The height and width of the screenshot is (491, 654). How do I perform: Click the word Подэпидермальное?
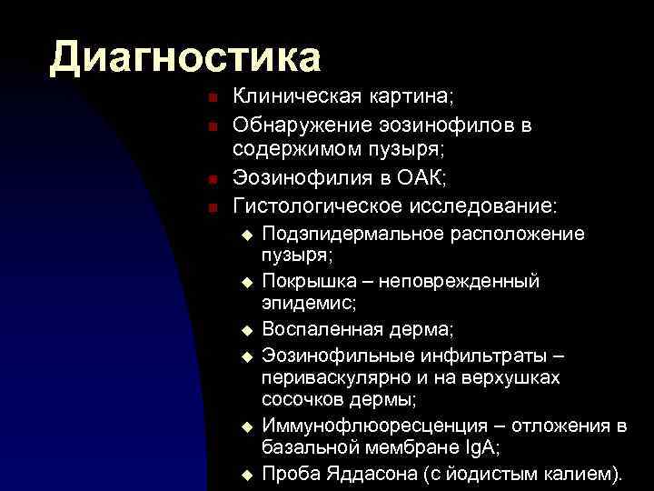pyautogui.click(x=352, y=234)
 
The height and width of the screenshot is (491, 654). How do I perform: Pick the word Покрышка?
pyautogui.click(x=304, y=281)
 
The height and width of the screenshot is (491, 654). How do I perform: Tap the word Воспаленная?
pyautogui.click(x=315, y=327)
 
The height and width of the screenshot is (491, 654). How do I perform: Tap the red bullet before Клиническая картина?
pyautogui.click(x=210, y=97)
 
